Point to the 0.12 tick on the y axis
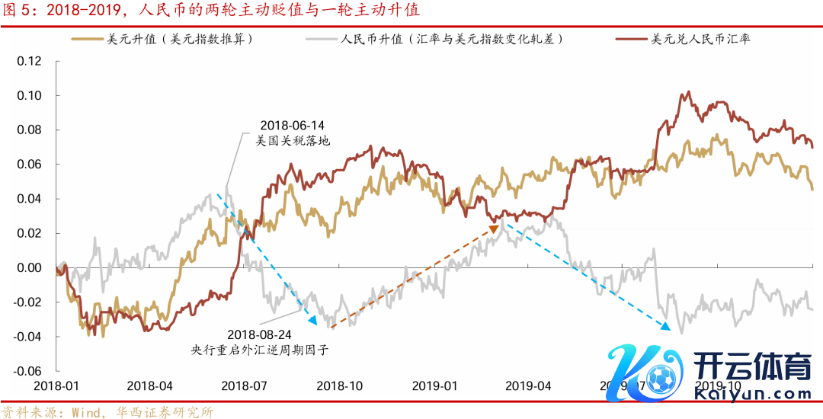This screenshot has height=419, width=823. pyautogui.click(x=29, y=61)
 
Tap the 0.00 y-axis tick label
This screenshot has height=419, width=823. pyautogui.click(x=29, y=267)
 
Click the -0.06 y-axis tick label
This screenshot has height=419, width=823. pyautogui.click(x=27, y=371)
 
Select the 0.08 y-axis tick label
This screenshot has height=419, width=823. pyautogui.click(x=29, y=130)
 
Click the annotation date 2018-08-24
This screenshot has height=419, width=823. pyautogui.click(x=259, y=334)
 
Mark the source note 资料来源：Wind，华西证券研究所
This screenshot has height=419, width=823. pyautogui.click(x=107, y=412)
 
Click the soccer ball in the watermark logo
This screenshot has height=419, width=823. pyautogui.click(x=658, y=376)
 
